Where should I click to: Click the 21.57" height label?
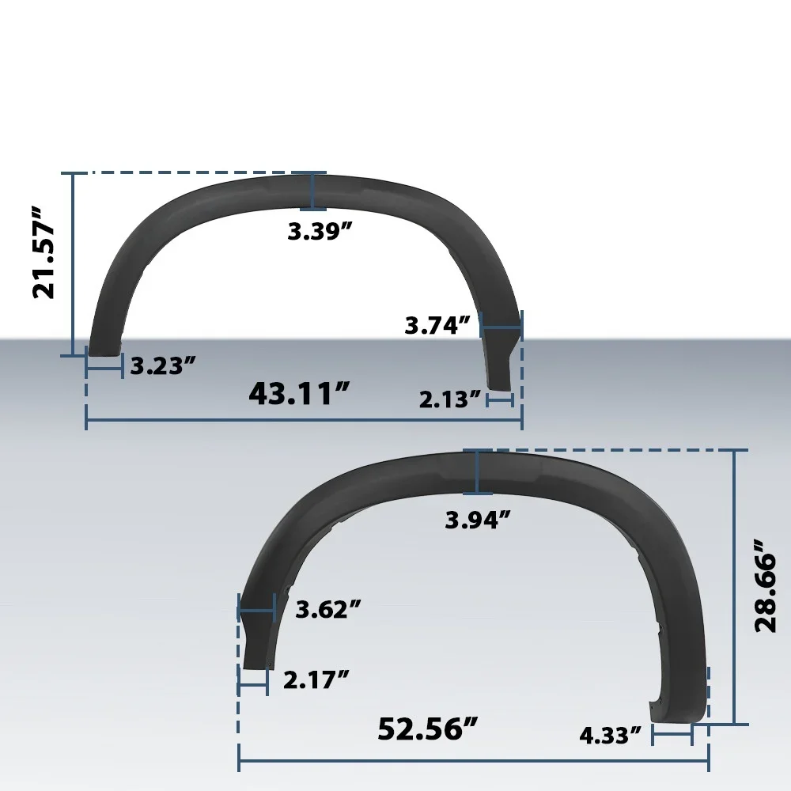tap(44, 252)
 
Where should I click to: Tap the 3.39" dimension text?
tap(320, 232)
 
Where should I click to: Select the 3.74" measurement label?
tap(438, 325)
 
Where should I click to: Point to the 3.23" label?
tap(163, 365)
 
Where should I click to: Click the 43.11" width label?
tap(299, 393)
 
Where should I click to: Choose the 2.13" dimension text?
tap(451, 399)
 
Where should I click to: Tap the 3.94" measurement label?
tap(478, 520)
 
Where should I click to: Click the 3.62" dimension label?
tap(328, 609)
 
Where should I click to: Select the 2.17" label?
tap(316, 680)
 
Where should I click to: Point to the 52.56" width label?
tap(428, 729)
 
